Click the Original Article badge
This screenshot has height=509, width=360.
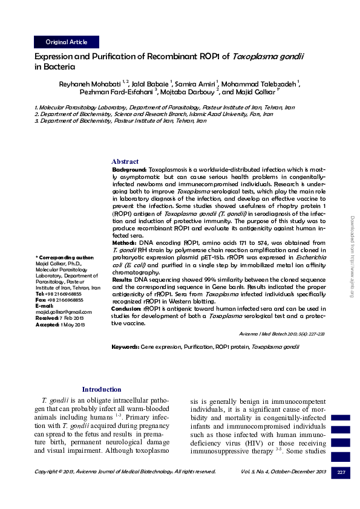pyautogui.click(x=67, y=42)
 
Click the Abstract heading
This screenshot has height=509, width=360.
pyautogui.click(x=125, y=161)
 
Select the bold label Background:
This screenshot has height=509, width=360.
pyautogui.click(x=129, y=170)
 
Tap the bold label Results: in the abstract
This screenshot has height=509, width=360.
pyautogui.click(x=125, y=280)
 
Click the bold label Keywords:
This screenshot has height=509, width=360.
pyautogui.click(x=125, y=347)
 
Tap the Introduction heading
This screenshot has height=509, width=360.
pyautogui.click(x=101, y=389)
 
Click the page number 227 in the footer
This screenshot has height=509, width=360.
pyautogui.click(x=341, y=472)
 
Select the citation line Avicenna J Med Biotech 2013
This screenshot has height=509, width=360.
pyautogui.click(x=282, y=334)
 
